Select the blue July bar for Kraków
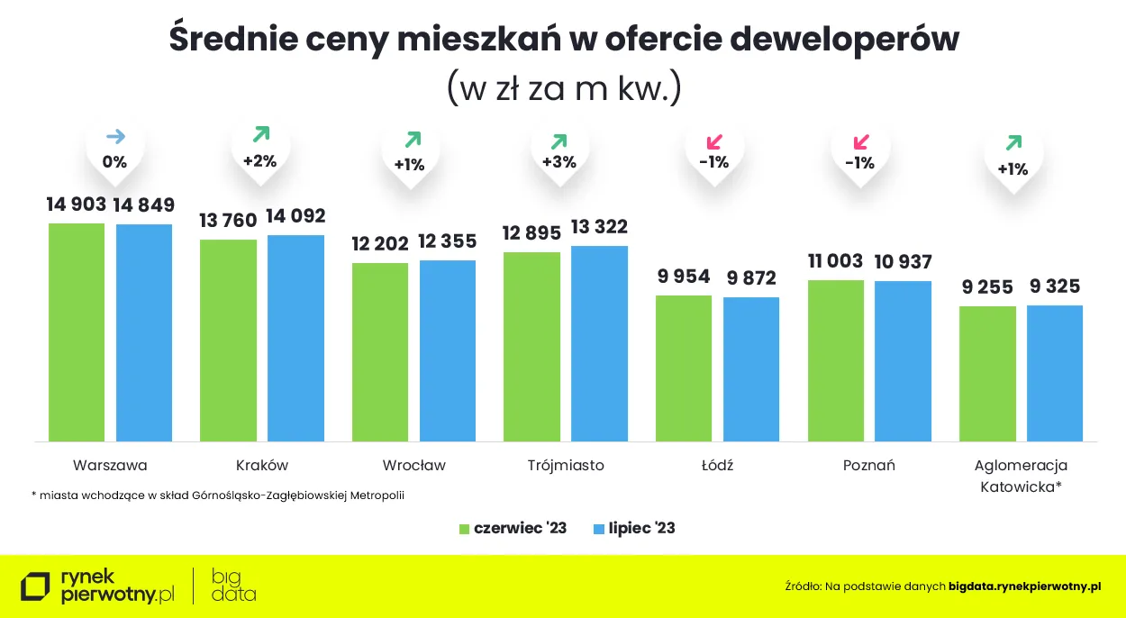(295, 338)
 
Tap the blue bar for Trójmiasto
(599, 343)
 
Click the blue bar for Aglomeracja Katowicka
(1055, 373)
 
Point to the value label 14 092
(295, 216)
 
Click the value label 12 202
(380, 243)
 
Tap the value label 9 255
(987, 287)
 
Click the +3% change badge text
(559, 162)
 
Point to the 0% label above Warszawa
(114, 162)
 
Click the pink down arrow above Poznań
(860, 141)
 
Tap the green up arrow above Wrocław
(413, 140)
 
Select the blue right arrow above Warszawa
(115, 137)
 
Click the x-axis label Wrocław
(413, 466)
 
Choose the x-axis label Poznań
(868, 466)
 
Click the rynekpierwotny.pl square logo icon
(35, 586)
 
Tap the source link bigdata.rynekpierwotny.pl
(1025, 586)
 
